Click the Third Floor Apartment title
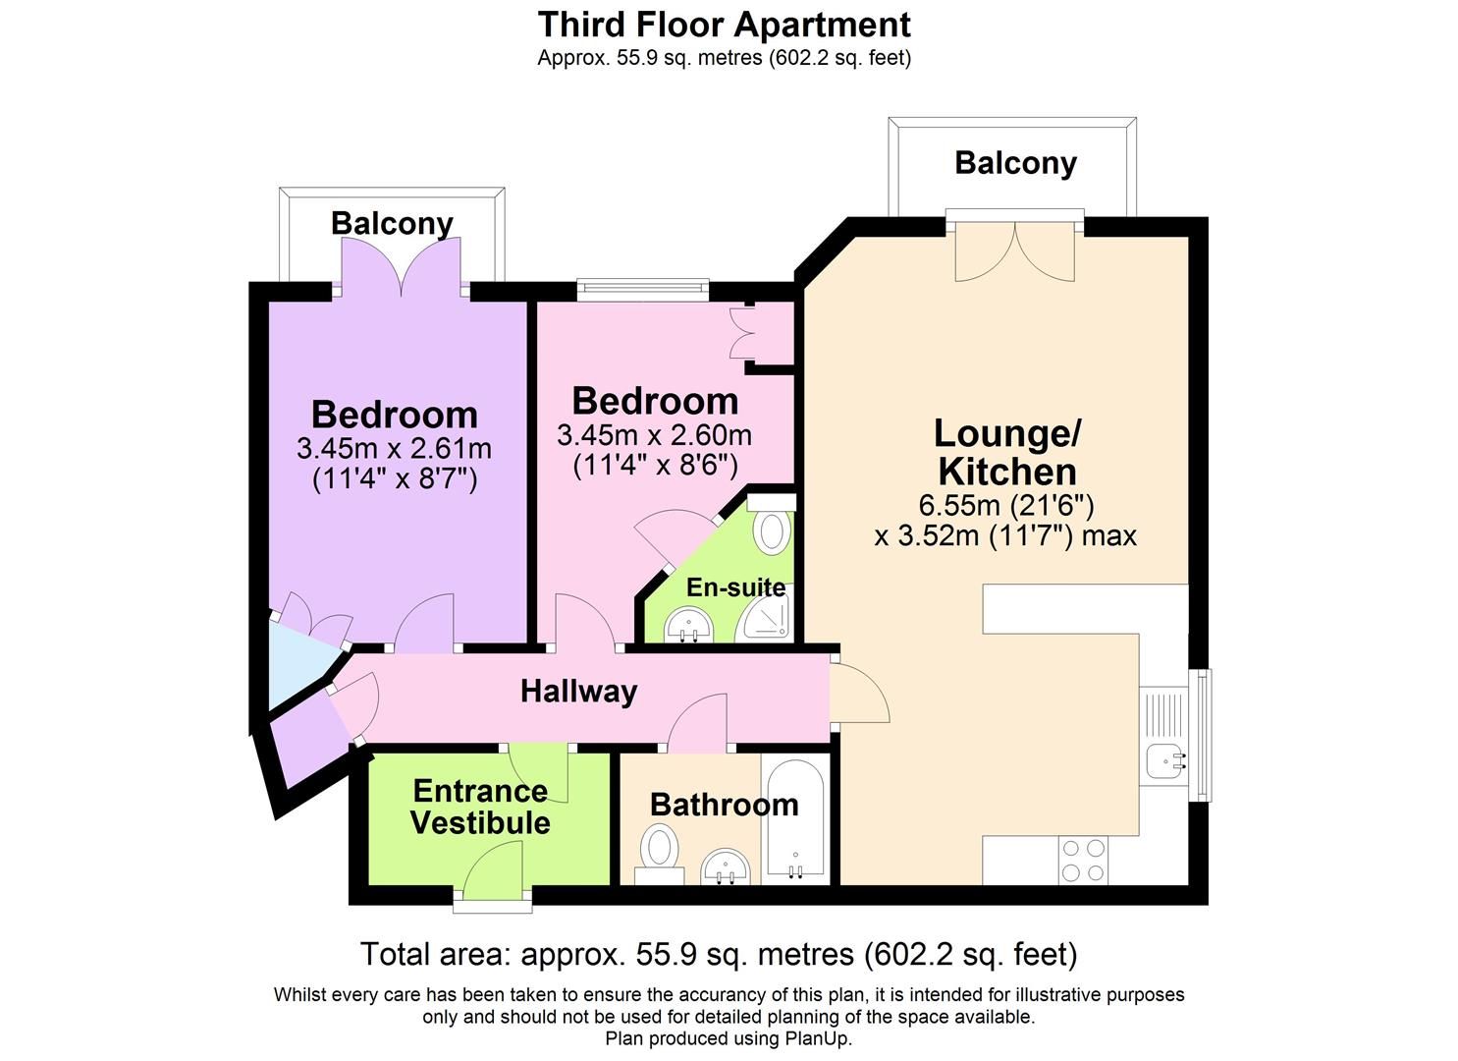click(x=724, y=24)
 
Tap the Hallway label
click(x=578, y=692)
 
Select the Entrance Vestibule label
click(x=480, y=807)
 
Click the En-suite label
click(x=735, y=587)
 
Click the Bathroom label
click(x=724, y=805)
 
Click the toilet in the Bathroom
click(x=658, y=850)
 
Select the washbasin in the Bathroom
click(x=726, y=866)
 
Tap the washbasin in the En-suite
click(x=688, y=625)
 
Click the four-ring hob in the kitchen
click(x=1083, y=861)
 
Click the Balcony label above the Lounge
click(x=1015, y=163)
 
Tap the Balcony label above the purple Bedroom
click(x=392, y=223)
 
